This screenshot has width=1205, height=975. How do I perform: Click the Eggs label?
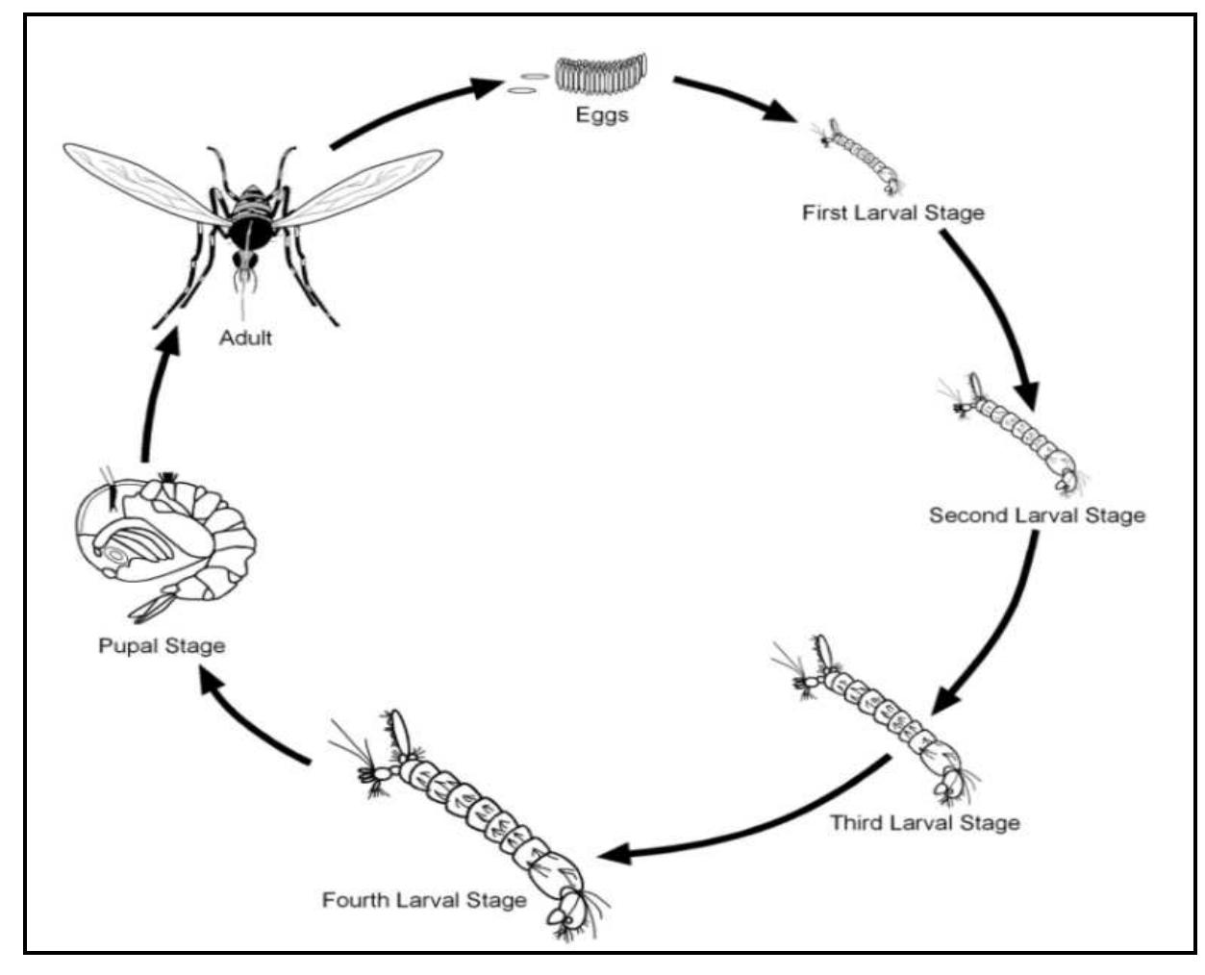click(602, 115)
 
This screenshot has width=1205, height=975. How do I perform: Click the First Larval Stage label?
click(893, 212)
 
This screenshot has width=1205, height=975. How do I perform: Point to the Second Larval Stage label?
click(1037, 515)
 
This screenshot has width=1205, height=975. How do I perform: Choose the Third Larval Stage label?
click(924, 823)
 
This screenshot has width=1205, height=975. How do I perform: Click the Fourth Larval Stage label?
click(424, 901)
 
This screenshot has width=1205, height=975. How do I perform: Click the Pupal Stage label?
click(162, 645)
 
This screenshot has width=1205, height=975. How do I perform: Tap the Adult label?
click(245, 338)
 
